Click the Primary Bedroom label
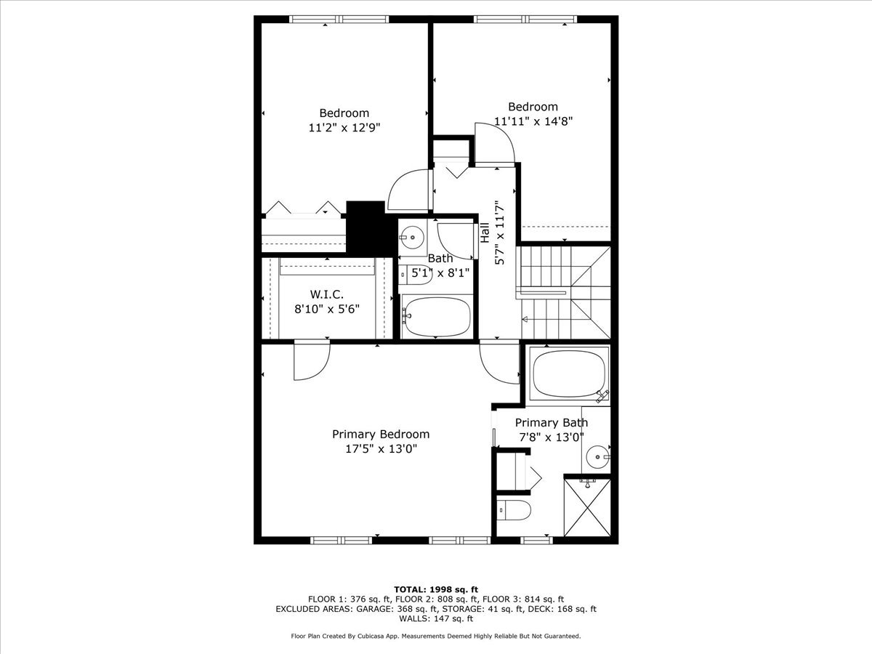(x=381, y=434)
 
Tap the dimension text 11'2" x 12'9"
(x=344, y=127)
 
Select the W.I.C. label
(x=326, y=294)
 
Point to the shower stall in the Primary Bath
(x=587, y=506)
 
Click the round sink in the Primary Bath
(x=598, y=457)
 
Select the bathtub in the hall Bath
(x=437, y=317)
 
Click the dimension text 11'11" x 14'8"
(x=533, y=121)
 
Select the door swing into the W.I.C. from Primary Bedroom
(x=311, y=360)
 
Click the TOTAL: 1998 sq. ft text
(x=435, y=589)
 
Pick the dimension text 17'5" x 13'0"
(x=381, y=448)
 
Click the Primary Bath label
(x=552, y=422)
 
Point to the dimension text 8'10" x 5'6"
(x=326, y=308)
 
